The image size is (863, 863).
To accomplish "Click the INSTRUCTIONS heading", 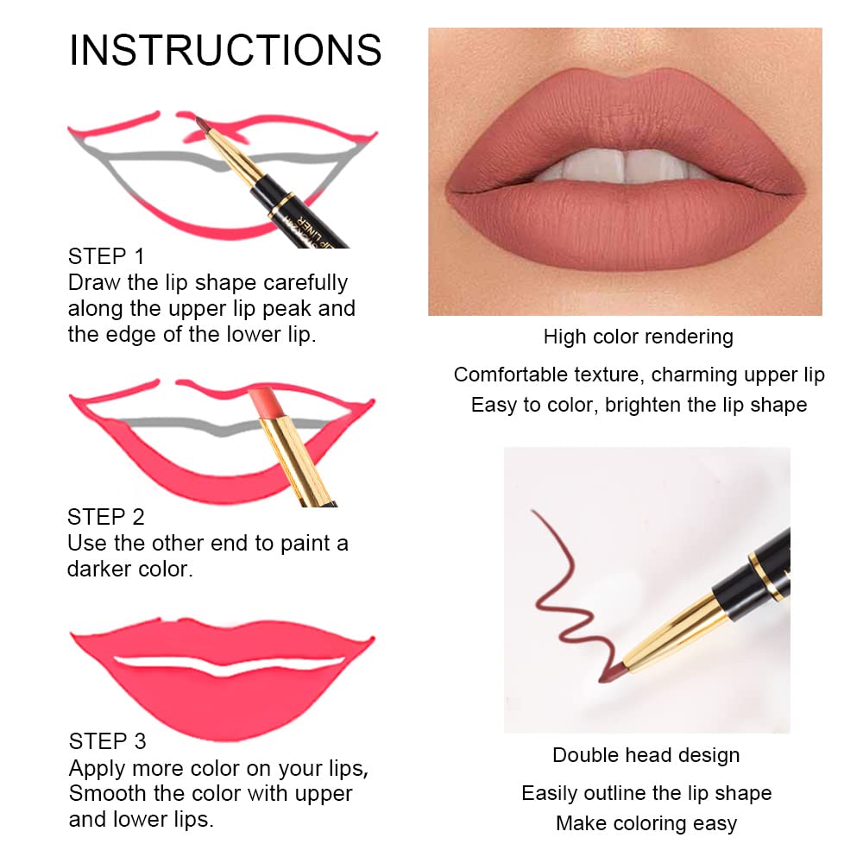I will [225, 51].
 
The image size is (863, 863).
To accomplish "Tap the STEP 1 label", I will [106, 256].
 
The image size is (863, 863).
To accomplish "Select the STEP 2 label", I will [106, 517].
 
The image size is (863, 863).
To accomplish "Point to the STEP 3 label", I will [107, 741].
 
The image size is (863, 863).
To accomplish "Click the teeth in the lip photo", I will [623, 165].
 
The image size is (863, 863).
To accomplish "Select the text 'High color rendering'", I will [638, 337].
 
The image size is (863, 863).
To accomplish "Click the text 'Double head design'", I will [646, 755].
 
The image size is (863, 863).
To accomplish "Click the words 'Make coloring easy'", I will [646, 823].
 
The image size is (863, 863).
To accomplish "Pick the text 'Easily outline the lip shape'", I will [646, 793].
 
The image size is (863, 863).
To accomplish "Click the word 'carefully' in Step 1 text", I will [306, 283].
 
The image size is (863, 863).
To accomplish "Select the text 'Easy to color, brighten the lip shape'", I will [639, 405].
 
